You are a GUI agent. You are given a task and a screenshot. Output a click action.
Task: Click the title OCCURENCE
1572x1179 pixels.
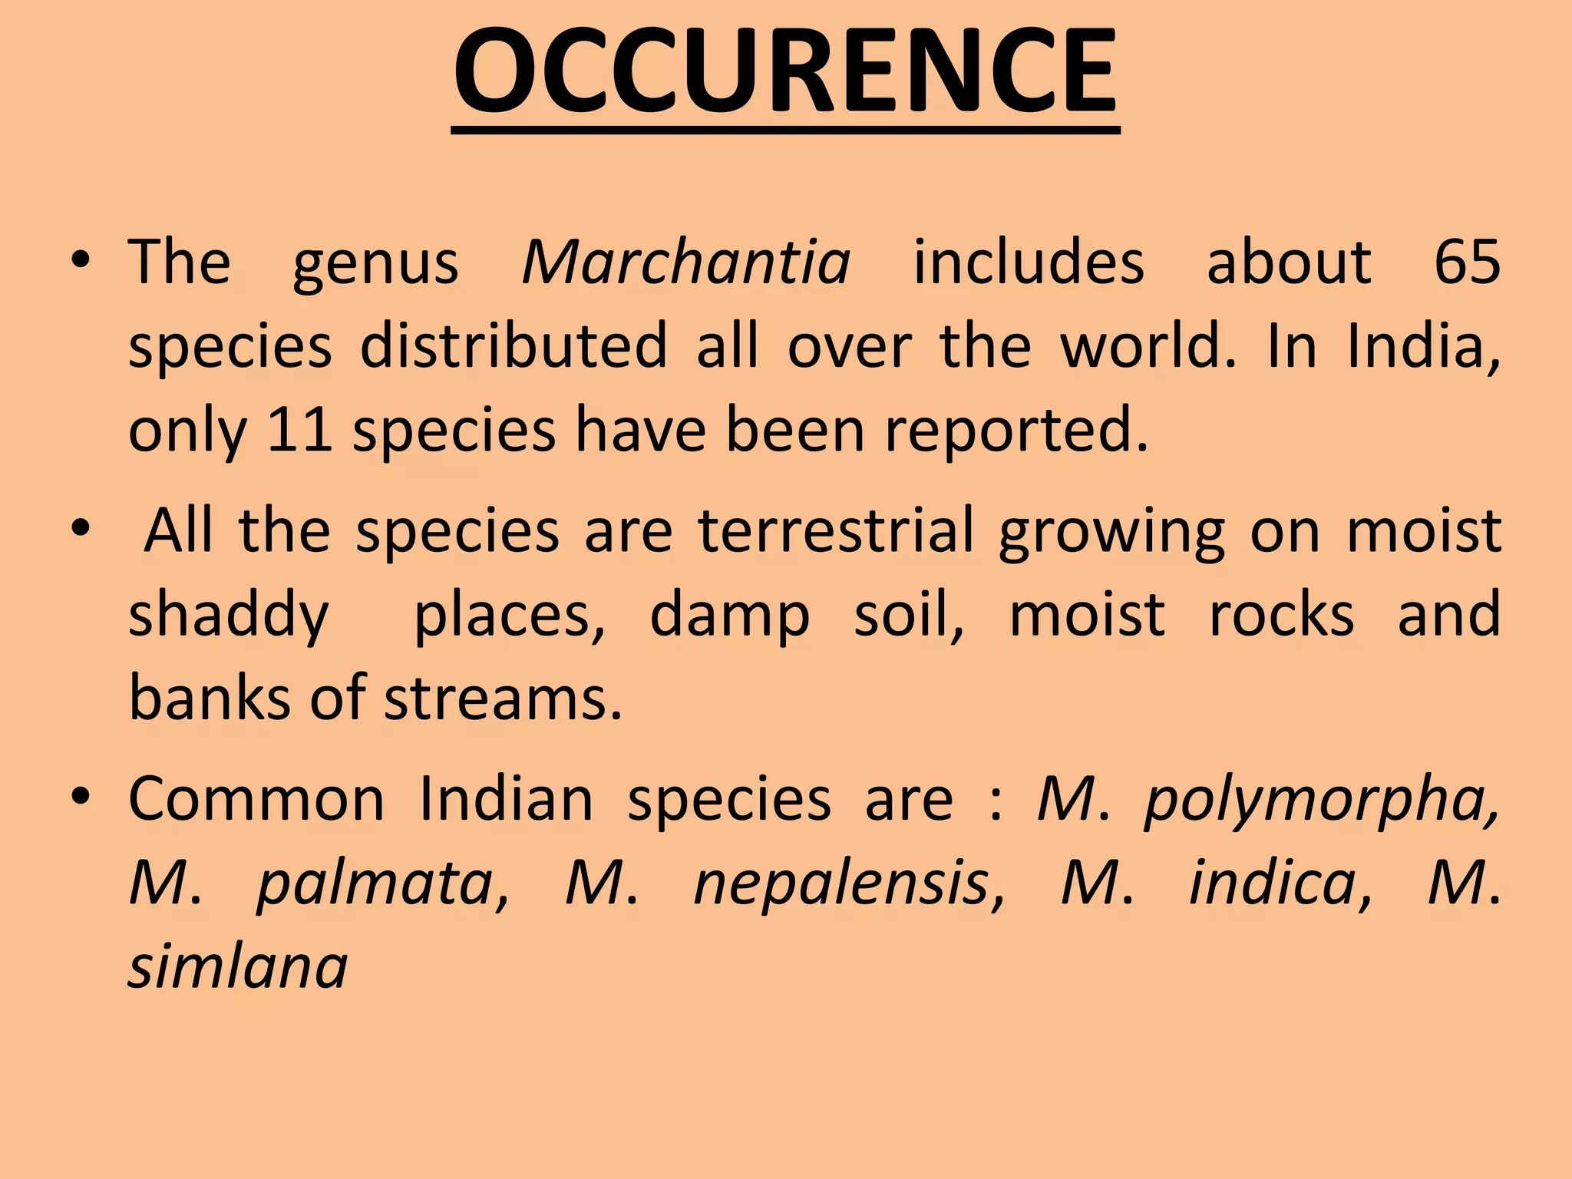point(785,73)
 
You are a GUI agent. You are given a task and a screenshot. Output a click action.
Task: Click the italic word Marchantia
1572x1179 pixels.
point(686,263)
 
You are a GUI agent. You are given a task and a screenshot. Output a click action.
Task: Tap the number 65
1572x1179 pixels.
point(1466,263)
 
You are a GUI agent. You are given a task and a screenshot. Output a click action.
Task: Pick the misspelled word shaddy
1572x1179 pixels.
point(228,616)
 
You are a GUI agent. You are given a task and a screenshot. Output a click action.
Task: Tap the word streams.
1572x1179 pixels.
point(503,698)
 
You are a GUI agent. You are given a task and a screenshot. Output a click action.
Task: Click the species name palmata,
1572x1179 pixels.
point(382,883)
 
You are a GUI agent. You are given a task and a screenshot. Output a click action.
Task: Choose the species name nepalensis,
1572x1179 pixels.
point(849,883)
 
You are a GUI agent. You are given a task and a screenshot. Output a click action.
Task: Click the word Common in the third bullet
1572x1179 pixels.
point(256,800)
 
